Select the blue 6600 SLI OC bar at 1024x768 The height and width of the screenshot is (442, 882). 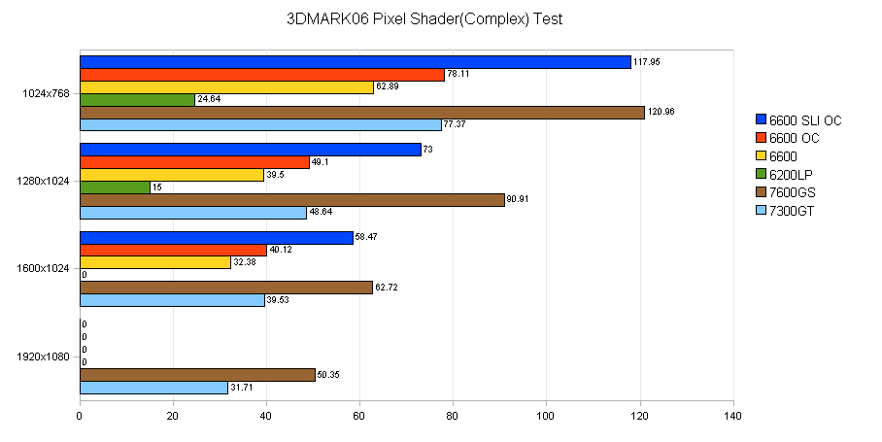[x=355, y=62]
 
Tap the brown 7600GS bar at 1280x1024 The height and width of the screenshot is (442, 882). [x=291, y=200]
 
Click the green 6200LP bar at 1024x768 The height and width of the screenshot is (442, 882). [x=137, y=100]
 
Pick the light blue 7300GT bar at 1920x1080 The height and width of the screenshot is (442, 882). [x=153, y=388]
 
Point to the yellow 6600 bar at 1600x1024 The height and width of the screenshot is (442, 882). [x=154, y=262]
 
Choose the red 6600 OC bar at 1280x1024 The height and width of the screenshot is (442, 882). [x=194, y=162]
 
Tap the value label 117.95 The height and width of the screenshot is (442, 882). [x=648, y=61]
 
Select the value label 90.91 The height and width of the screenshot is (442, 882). [x=520, y=200]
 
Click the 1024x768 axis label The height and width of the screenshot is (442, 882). [x=45, y=93]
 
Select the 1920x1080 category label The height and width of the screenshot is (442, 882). [x=45, y=357]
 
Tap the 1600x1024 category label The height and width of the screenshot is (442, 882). [x=45, y=269]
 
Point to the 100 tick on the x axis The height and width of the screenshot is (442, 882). [x=546, y=419]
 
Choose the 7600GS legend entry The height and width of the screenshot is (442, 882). [x=792, y=192]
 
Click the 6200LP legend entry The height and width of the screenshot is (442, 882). [x=792, y=175]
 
